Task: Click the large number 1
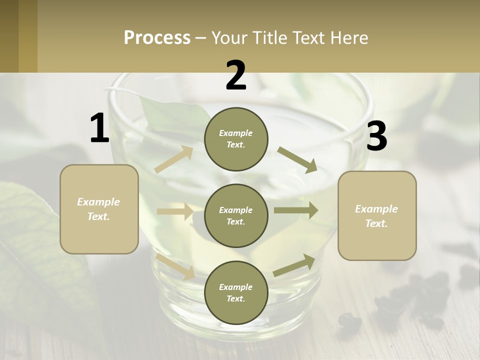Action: (x=99, y=128)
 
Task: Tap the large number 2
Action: (x=236, y=75)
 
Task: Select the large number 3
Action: (x=376, y=136)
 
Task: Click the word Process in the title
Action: (x=157, y=37)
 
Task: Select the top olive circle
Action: (x=236, y=139)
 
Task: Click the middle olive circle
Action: (x=236, y=215)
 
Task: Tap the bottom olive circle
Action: (x=236, y=292)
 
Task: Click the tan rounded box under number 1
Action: (x=99, y=209)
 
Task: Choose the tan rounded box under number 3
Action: (x=377, y=216)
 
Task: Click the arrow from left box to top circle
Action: (x=173, y=159)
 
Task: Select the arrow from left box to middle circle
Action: (x=175, y=211)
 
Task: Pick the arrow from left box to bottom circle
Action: (x=175, y=265)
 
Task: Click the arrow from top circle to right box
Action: (x=297, y=159)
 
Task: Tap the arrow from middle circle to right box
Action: (x=295, y=210)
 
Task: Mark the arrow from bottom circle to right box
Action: (x=294, y=265)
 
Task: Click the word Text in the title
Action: (x=306, y=37)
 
